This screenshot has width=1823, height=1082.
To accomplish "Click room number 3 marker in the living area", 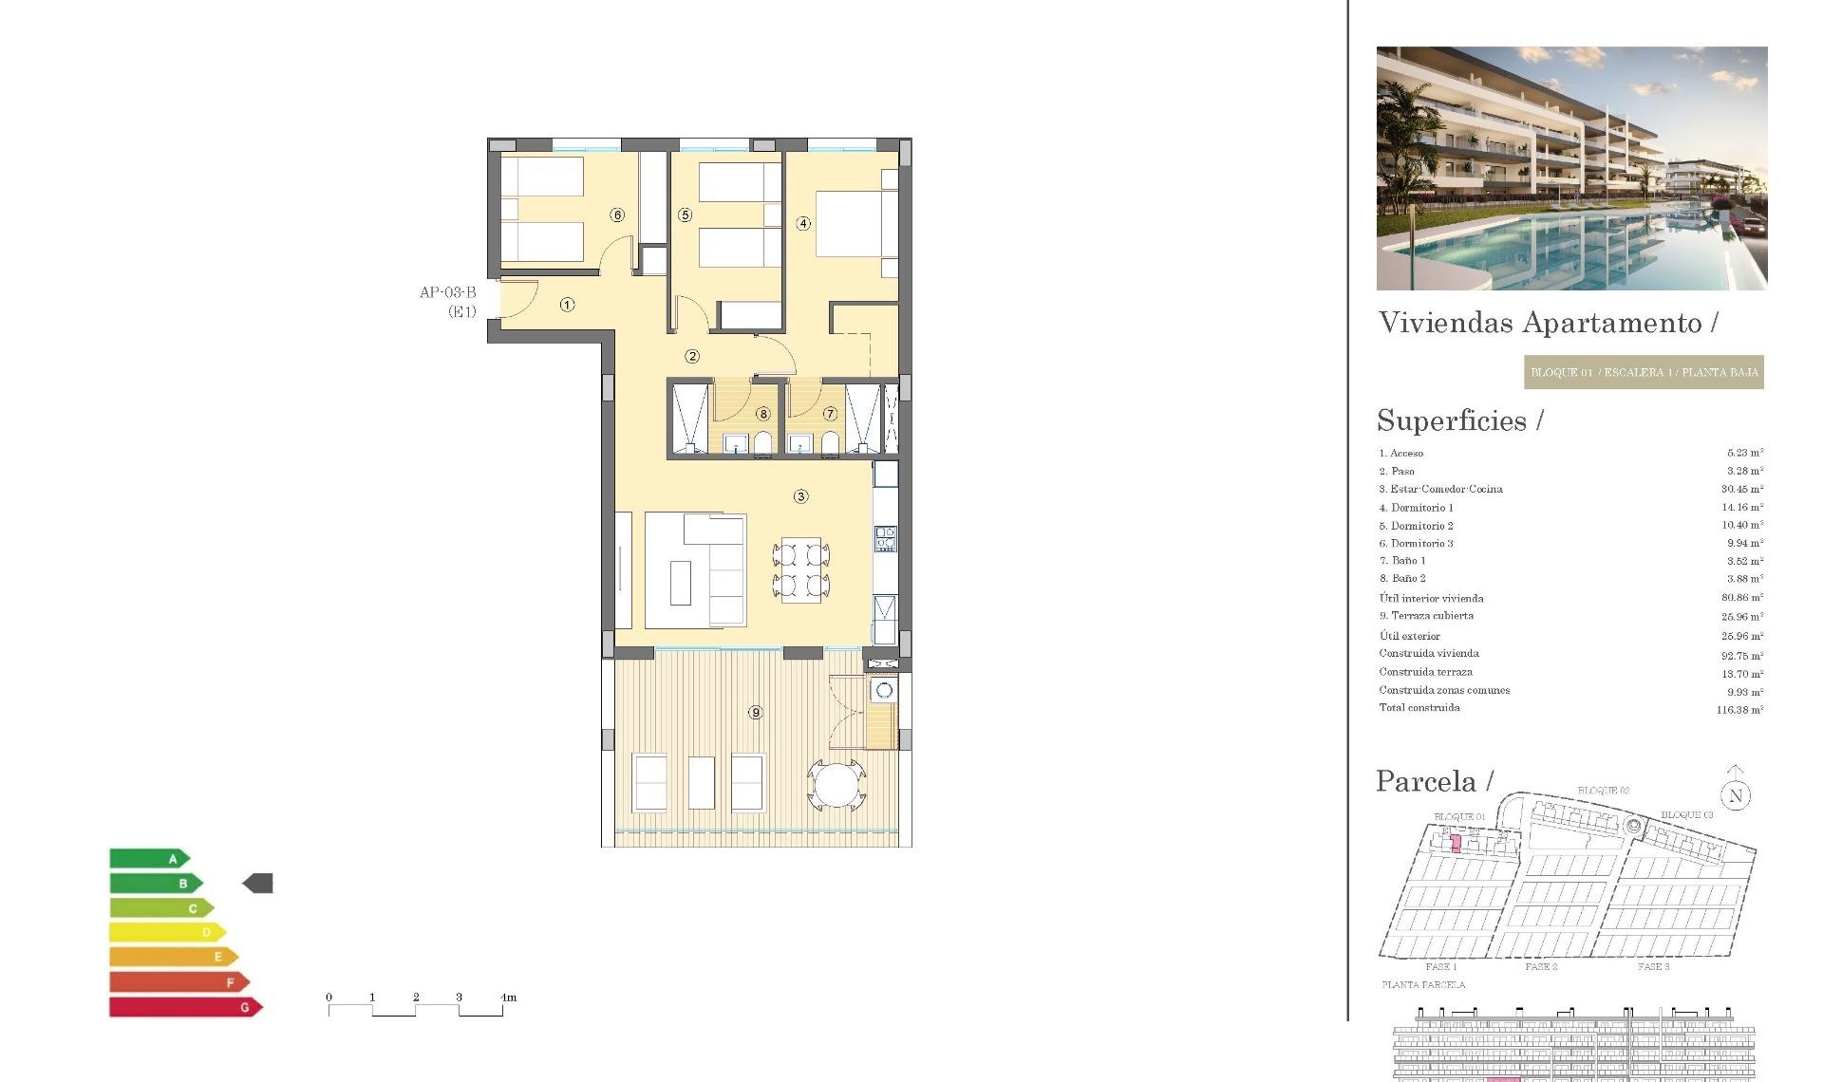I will (800, 496).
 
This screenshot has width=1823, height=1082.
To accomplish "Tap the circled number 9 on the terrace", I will (755, 712).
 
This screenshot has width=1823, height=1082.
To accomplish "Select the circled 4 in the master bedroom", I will (803, 224).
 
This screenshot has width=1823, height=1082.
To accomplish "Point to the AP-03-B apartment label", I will (447, 292).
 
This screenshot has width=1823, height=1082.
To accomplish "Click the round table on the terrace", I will (836, 785).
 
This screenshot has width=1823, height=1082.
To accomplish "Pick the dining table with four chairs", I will (801, 570).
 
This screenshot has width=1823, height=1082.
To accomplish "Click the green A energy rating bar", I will (148, 859).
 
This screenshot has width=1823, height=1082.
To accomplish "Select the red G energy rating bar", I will (185, 1007).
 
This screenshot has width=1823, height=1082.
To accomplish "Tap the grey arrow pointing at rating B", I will (258, 884).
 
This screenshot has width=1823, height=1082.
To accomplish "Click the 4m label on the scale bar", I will (508, 998).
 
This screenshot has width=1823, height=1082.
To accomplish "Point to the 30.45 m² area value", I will (1741, 489).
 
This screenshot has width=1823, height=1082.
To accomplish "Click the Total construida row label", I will (1419, 708).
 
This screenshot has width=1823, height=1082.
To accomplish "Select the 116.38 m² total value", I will (1739, 710).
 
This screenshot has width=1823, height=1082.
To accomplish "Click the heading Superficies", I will (1452, 420).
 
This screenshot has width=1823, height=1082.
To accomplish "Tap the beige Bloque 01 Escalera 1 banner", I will (1644, 372).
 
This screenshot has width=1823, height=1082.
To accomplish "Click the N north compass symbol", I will (1736, 795).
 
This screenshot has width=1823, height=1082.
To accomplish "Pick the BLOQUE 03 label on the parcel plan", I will (1686, 815).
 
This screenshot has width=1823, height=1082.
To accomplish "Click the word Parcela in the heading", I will (1426, 781).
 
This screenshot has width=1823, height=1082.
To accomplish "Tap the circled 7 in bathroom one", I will (830, 414).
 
